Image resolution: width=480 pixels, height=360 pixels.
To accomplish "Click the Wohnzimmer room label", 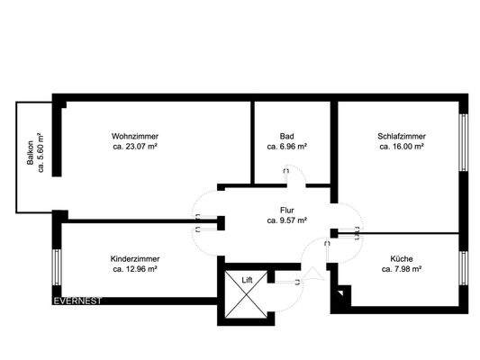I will [136, 136].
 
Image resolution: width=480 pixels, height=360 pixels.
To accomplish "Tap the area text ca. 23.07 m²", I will [136, 146].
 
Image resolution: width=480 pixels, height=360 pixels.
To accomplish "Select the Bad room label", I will [287, 136].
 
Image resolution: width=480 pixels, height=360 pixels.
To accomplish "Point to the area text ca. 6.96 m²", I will [287, 146].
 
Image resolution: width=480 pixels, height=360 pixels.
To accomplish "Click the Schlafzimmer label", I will [402, 136].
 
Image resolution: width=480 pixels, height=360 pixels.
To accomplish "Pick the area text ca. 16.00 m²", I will [402, 146].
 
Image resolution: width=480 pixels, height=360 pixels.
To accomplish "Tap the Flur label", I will [287, 209].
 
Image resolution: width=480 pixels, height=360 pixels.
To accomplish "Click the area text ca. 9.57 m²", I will [287, 219].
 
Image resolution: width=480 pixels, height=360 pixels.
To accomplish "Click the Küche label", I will [403, 257].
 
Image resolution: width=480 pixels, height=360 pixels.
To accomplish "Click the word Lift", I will [248, 280].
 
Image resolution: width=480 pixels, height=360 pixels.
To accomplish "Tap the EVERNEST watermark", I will [77, 301].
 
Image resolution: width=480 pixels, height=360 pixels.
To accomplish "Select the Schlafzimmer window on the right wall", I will [465, 141].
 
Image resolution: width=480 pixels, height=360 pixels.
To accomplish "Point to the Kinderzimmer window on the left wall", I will [56, 266].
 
